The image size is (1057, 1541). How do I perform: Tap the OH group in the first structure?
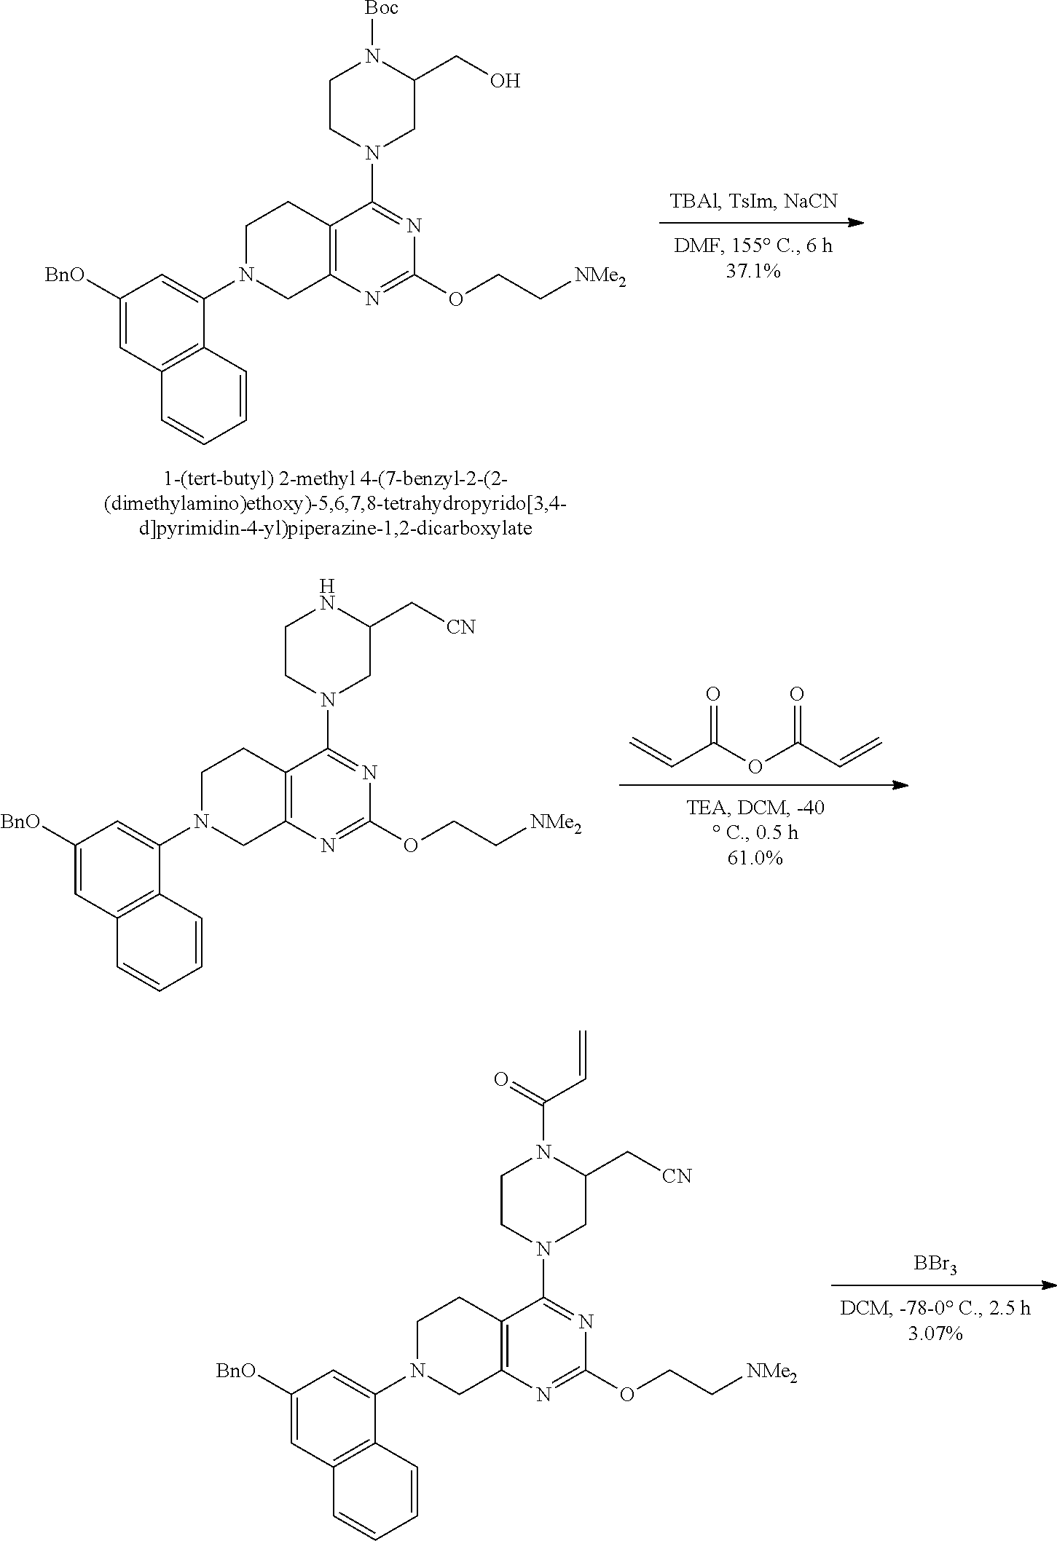coord(504,81)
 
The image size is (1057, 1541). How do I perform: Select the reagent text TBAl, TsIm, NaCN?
coord(753,201)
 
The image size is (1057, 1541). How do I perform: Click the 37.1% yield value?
coord(753,272)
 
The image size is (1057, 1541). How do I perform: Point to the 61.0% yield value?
coord(755,858)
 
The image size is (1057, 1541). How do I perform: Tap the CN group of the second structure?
coord(460,627)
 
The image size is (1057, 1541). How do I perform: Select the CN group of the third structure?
coord(676,1176)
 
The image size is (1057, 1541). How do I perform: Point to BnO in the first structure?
coord(65,275)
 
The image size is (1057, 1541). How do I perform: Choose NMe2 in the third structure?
coord(770,1373)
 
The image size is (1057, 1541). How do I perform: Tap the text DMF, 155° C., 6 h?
coord(753,246)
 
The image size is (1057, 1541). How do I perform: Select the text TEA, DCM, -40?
coord(755,808)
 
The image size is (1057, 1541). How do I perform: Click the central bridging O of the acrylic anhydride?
coord(755,765)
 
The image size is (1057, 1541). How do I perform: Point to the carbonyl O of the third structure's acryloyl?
coord(501,1079)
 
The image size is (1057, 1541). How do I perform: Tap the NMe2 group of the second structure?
coord(556,823)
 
